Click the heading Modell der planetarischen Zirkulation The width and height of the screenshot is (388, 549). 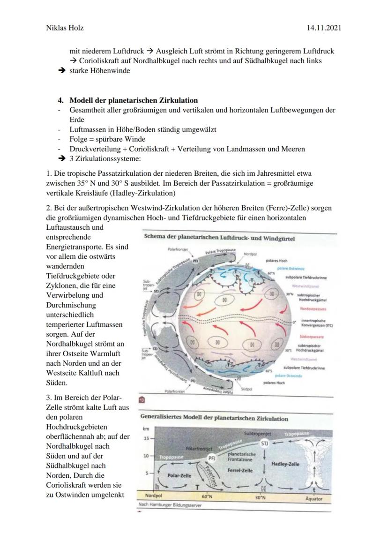[134, 100]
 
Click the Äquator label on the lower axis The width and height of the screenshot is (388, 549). [313, 498]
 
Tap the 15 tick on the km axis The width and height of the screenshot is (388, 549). [146, 438]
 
